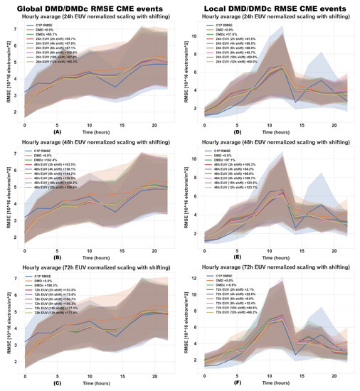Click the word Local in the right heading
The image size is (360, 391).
point(214,6)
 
